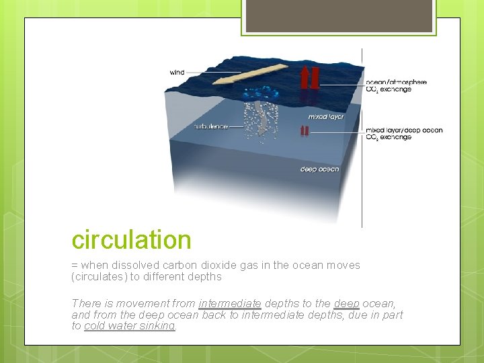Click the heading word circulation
coord(132,240)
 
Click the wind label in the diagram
coord(177,73)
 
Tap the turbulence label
coord(210,126)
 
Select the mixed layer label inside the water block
coord(325,116)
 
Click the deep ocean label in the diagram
coord(319,169)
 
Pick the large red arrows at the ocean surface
coord(310,78)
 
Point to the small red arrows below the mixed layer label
coord(305,132)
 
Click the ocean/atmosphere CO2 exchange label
coord(396,86)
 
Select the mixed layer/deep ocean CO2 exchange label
coord(403,133)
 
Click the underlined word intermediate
coord(230,304)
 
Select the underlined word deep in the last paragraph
coord(347,304)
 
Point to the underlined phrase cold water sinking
coord(130,325)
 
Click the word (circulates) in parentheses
coord(99,276)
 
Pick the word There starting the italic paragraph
coord(85,304)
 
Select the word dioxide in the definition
coord(227,266)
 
